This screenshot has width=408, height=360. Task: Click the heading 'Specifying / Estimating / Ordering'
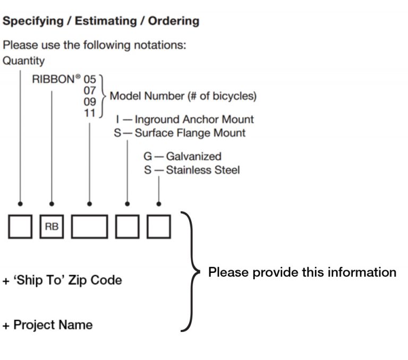point(101,21)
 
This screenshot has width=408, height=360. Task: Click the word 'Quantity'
point(24,61)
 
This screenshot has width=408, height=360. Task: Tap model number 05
point(90,80)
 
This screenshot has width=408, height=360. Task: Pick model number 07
point(90,91)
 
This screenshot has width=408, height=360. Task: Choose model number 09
point(90,101)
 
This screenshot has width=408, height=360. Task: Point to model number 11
point(90,112)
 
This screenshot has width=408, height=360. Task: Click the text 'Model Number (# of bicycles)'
point(183,96)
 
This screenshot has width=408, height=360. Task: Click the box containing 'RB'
point(52,227)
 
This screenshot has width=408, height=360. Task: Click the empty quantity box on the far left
point(20,227)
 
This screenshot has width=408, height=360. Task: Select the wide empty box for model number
point(90,227)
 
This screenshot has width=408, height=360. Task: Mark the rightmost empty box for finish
point(159,227)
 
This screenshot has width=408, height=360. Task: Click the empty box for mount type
point(127,227)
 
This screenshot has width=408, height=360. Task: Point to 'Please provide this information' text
point(302,272)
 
